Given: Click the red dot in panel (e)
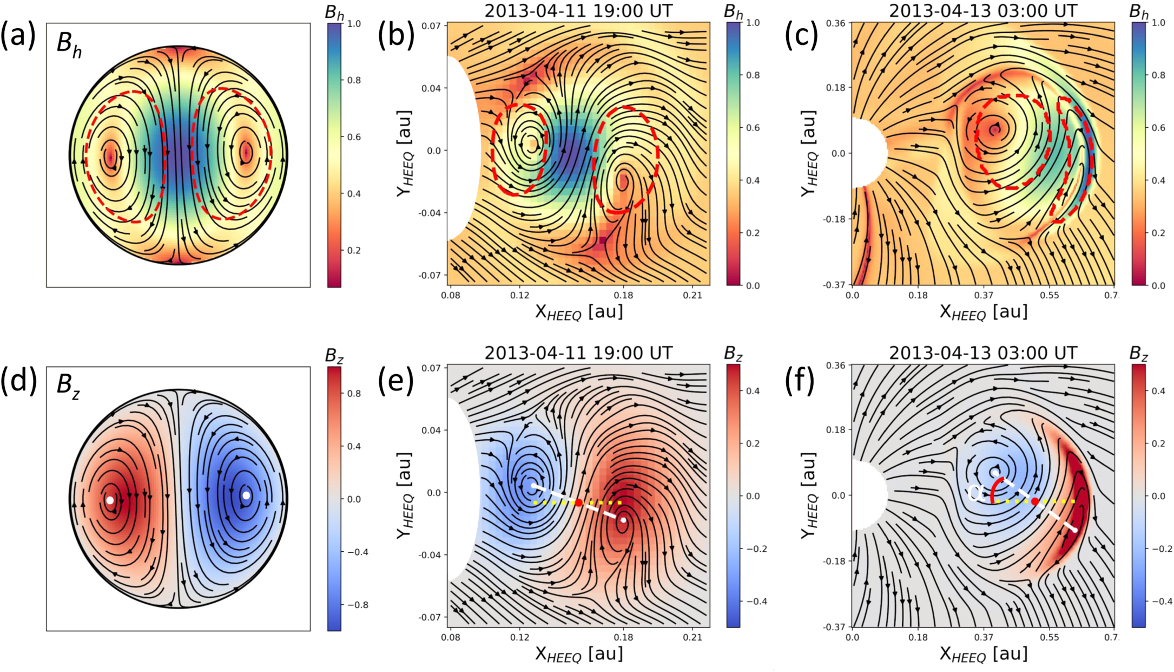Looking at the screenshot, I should pyautogui.click(x=578, y=503).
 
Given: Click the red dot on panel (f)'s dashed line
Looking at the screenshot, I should pyautogui.click(x=1035, y=501).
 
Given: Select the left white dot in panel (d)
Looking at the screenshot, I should pyautogui.click(x=110, y=500).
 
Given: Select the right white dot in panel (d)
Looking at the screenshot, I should pyautogui.click(x=246, y=495).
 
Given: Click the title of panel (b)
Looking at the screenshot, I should pyautogui.click(x=578, y=10).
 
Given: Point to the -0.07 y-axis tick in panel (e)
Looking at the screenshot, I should pyautogui.click(x=431, y=617).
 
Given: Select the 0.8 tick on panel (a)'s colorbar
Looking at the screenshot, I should pyautogui.click(x=354, y=80).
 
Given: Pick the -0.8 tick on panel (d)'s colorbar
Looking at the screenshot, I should pyautogui.click(x=357, y=605).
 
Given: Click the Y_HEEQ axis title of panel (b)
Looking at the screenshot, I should pyautogui.click(x=405, y=154).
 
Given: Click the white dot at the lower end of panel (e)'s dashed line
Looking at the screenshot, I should pyautogui.click(x=623, y=520).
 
